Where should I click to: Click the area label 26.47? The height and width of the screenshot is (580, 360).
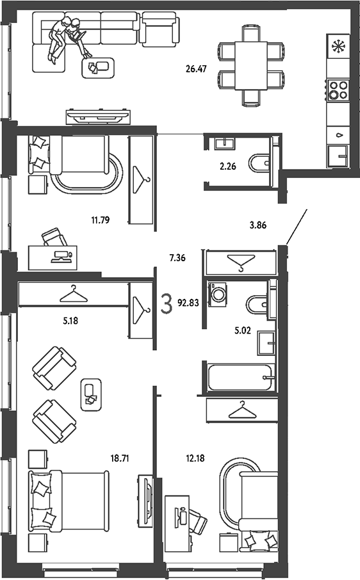[196, 68]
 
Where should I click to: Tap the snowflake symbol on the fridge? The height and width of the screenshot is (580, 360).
[338, 47]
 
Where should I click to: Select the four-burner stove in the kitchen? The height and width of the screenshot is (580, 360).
[338, 90]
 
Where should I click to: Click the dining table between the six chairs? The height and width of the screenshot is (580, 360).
[251, 65]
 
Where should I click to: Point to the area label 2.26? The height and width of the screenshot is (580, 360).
[227, 166]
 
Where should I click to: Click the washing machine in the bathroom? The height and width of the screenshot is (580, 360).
[218, 294]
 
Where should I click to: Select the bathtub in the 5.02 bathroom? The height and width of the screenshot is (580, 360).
[241, 377]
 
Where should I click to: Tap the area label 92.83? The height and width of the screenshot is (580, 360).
[188, 303]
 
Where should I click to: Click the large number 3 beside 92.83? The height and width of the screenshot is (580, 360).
[167, 303]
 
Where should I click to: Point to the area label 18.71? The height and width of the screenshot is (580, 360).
[120, 458]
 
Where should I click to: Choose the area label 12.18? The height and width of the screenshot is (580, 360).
[195, 458]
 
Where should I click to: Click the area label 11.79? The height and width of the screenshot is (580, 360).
[101, 220]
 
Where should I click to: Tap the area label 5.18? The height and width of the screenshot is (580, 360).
[70, 321]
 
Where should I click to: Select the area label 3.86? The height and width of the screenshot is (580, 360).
[258, 225]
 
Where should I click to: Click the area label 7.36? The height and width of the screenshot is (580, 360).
[177, 258]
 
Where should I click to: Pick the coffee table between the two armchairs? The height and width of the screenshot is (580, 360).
[91, 395]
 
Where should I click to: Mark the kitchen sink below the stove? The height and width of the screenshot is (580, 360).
[338, 156]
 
